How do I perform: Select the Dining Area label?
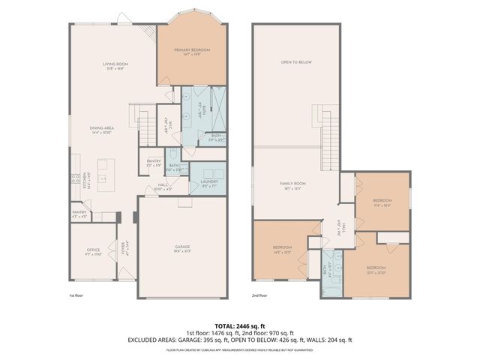(101, 130)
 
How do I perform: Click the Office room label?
(94, 252)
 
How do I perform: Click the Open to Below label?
(295, 62)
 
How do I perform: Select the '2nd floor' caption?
(259, 295)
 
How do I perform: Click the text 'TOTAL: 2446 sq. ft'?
(239, 325)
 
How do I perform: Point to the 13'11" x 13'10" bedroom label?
(376, 270)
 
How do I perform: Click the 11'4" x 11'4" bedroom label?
(382, 203)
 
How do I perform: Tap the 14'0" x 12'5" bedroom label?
(282, 250)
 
